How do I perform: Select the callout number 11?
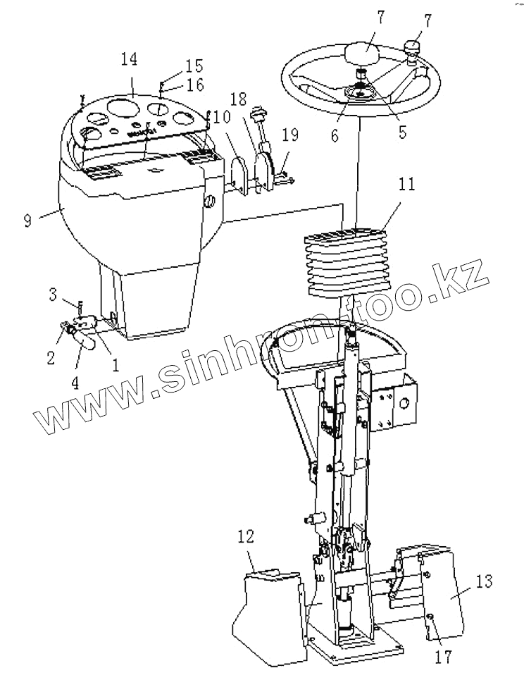point(406,186)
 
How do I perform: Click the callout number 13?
point(484,582)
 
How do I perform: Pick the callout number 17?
point(442,656)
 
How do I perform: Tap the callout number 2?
point(50,358)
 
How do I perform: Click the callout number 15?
point(193,67)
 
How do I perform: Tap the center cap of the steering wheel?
point(362,55)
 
